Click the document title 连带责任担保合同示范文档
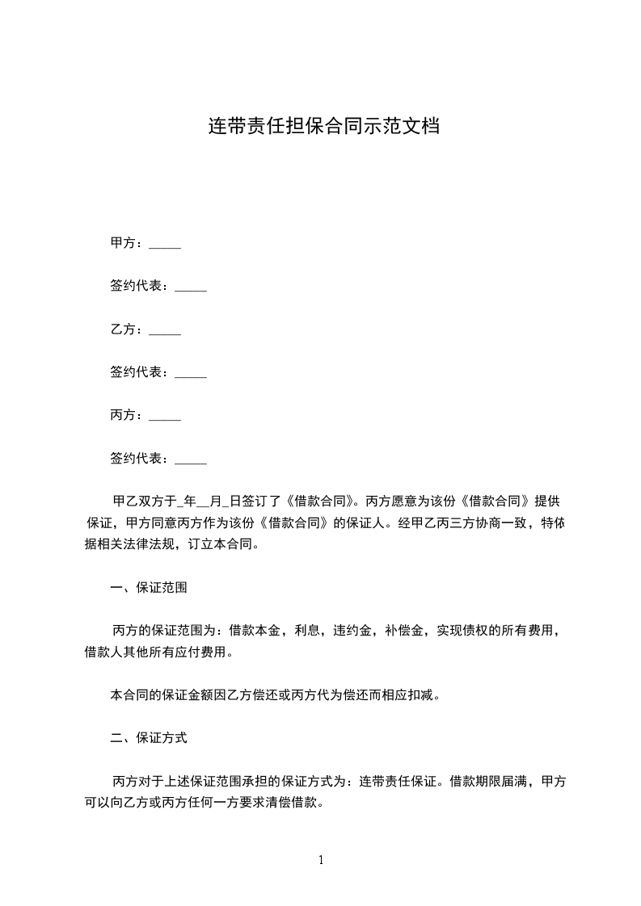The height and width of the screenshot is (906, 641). pyautogui.click(x=324, y=127)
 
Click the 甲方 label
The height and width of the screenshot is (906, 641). pyautogui.click(x=125, y=243)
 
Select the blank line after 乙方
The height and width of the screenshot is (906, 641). pyautogui.click(x=165, y=329)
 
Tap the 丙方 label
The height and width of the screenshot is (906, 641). pyautogui.click(x=125, y=416)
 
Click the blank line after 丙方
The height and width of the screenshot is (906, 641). pyautogui.click(x=165, y=417)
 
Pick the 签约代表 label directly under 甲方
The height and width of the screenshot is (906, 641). pyautogui.click(x=138, y=286)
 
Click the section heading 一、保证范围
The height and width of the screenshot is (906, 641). pyautogui.click(x=149, y=588)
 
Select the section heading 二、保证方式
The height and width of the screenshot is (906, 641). pyautogui.click(x=149, y=738)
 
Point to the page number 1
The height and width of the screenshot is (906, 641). pyautogui.click(x=321, y=859)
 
